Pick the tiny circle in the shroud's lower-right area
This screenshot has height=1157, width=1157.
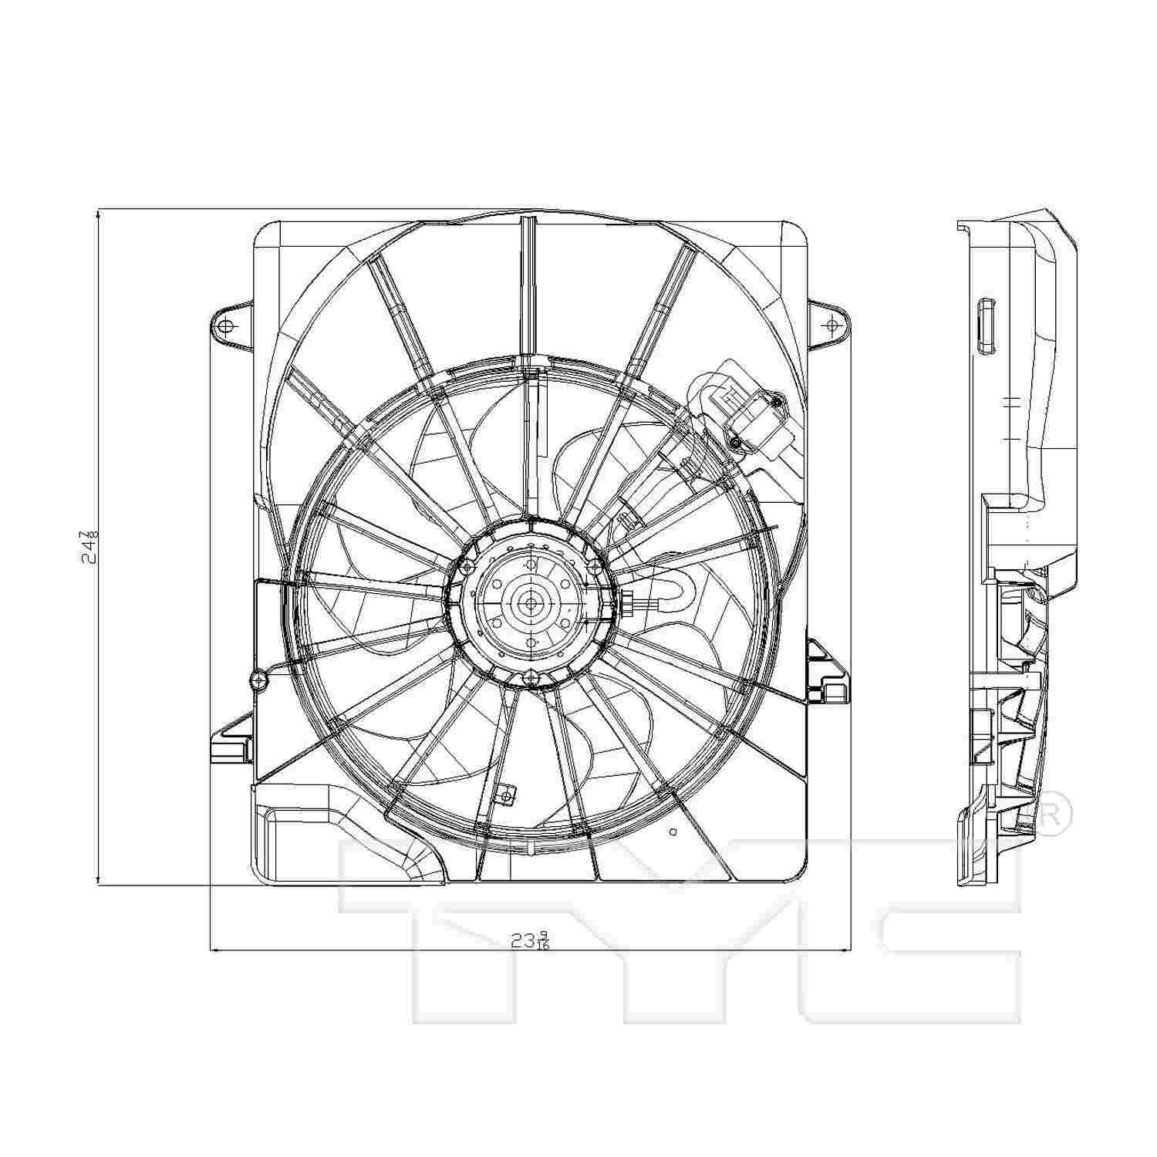[x=673, y=832]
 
